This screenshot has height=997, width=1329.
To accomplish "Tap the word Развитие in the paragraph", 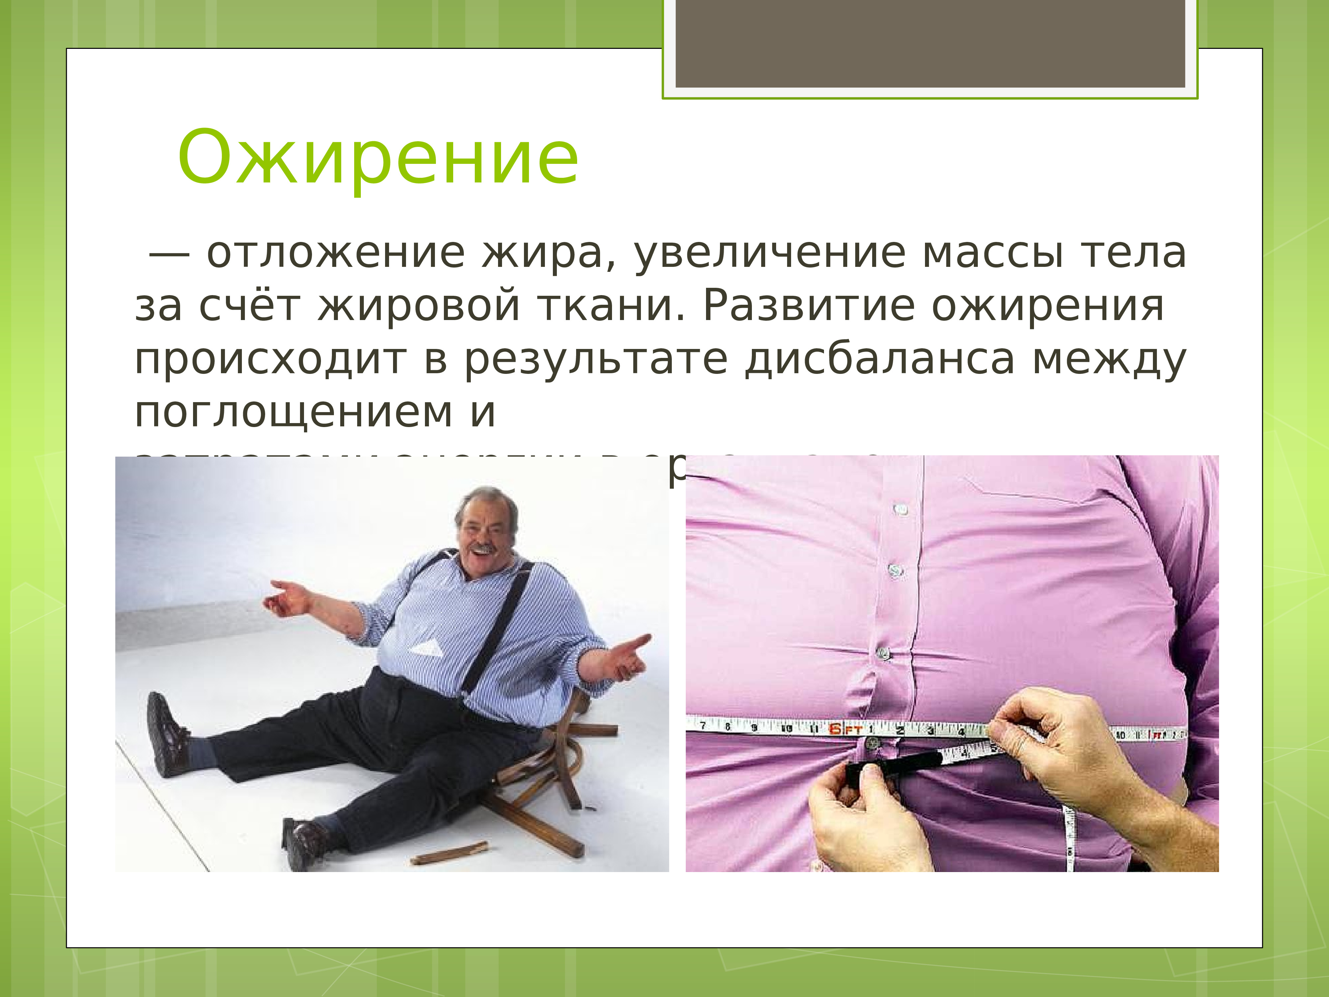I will (809, 306).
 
